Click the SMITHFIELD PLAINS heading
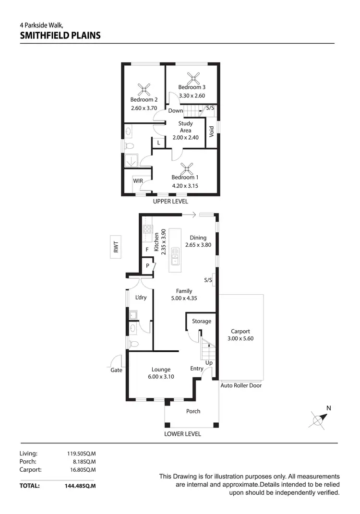click(x=60, y=35)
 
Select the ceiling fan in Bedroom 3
click(x=193, y=77)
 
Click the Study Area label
click(x=185, y=127)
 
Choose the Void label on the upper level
click(x=212, y=131)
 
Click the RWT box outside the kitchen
click(x=116, y=247)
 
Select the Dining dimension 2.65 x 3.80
click(x=198, y=245)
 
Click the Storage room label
click(x=202, y=321)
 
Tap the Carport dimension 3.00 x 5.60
click(x=240, y=338)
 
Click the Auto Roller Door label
click(x=241, y=385)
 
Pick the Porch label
click(x=193, y=411)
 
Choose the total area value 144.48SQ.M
click(x=80, y=486)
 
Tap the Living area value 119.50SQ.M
click(x=81, y=454)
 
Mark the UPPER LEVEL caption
click(x=170, y=202)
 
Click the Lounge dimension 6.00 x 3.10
click(x=161, y=377)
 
